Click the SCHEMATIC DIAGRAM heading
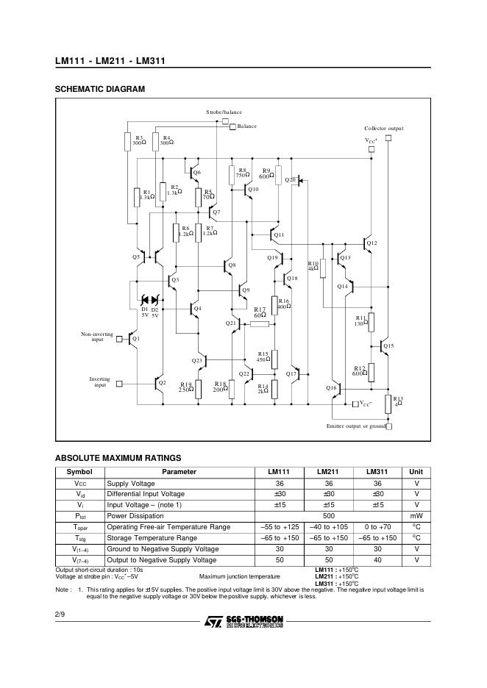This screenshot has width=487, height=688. pyautogui.click(x=100, y=89)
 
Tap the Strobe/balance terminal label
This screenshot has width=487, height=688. pyautogui.click(x=224, y=112)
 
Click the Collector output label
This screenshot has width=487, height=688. pyautogui.click(x=384, y=128)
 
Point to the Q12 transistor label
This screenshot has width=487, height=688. pyautogui.click(x=372, y=243)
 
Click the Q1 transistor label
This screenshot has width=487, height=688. pyautogui.click(x=136, y=338)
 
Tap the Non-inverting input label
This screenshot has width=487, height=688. pyautogui.click(x=97, y=337)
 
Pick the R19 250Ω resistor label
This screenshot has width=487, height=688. pyautogui.click(x=185, y=387)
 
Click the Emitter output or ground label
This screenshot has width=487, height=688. pyautogui.click(x=355, y=426)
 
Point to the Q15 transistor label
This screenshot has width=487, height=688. pyautogui.click(x=388, y=345)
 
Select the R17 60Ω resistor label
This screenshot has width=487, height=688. pyautogui.click(x=260, y=312)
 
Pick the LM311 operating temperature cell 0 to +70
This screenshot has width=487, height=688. pyautogui.click(x=379, y=527)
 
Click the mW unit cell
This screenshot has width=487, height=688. pyautogui.click(x=416, y=516)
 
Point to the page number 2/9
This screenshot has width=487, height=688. pyautogui.click(x=60, y=613)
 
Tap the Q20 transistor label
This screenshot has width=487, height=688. pyautogui.click(x=290, y=179)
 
